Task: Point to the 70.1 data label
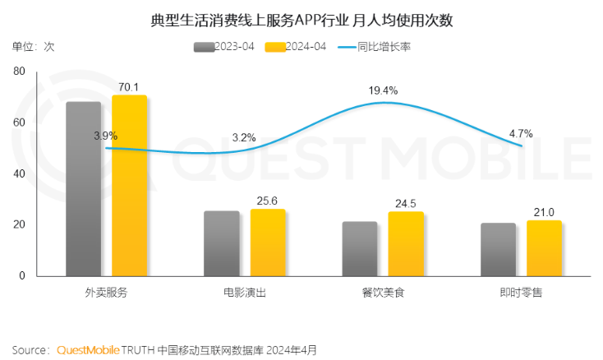(x=129, y=87)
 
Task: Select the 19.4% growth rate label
(x=384, y=90)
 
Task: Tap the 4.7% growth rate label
(x=521, y=133)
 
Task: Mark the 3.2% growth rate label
(x=245, y=137)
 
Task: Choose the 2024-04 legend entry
(x=296, y=47)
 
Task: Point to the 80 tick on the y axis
(x=18, y=72)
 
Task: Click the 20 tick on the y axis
(x=18, y=224)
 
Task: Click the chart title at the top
(x=301, y=20)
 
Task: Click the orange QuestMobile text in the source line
(x=88, y=350)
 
